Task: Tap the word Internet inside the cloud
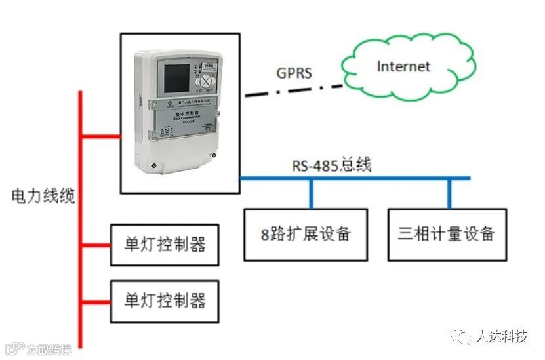tap(404, 66)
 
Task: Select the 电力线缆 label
tap(43, 196)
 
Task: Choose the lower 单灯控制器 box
tap(164, 301)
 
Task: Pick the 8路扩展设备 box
tap(306, 234)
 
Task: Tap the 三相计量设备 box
tap(447, 234)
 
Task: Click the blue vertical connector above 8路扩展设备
tap(311, 193)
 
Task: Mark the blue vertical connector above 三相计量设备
tap(449, 193)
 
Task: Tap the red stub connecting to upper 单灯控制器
tap(96, 245)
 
